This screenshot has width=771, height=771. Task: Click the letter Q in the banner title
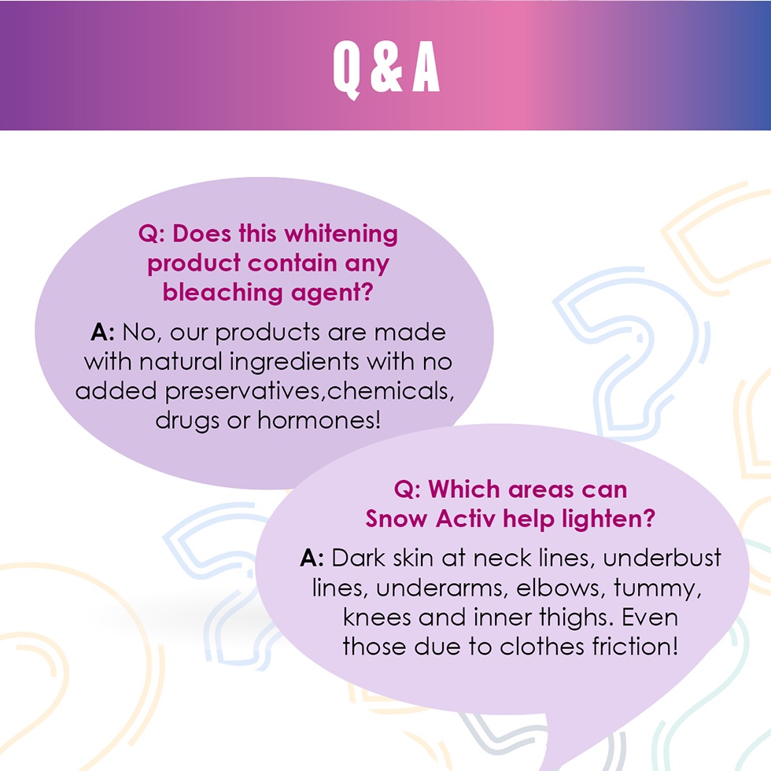[x=347, y=69]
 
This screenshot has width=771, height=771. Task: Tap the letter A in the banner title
[x=426, y=67]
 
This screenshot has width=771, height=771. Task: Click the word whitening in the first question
[x=341, y=234]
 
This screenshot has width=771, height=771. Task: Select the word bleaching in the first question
[x=222, y=292]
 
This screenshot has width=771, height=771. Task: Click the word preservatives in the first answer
[x=245, y=393]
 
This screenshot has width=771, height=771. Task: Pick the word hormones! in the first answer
[x=319, y=420]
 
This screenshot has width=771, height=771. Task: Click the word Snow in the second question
[x=397, y=518]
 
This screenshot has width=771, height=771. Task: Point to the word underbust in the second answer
[x=662, y=558]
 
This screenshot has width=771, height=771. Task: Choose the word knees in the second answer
[x=377, y=618]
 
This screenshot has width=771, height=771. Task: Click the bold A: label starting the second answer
[x=312, y=558]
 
